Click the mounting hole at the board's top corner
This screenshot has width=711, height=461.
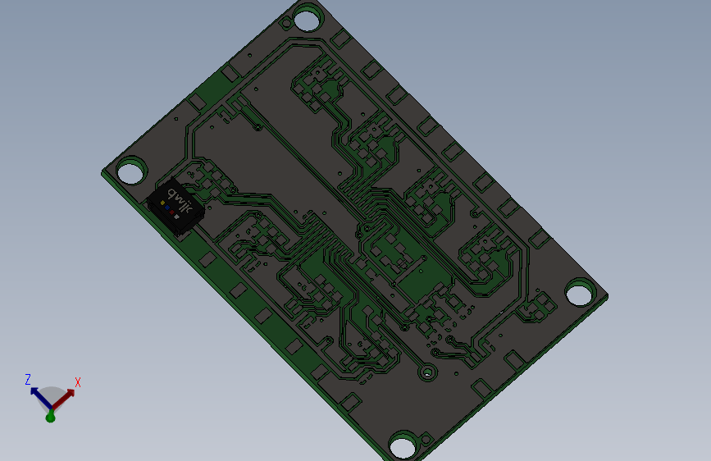[x=308, y=19]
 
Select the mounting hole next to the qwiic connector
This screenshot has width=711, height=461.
[x=130, y=173]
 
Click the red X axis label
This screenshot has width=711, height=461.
[x=78, y=382]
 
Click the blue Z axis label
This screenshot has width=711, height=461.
[x=28, y=380]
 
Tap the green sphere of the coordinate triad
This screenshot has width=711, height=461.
[x=50, y=418]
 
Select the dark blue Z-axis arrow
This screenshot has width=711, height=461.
[x=39, y=395]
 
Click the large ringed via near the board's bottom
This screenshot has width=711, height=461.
[x=427, y=373]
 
